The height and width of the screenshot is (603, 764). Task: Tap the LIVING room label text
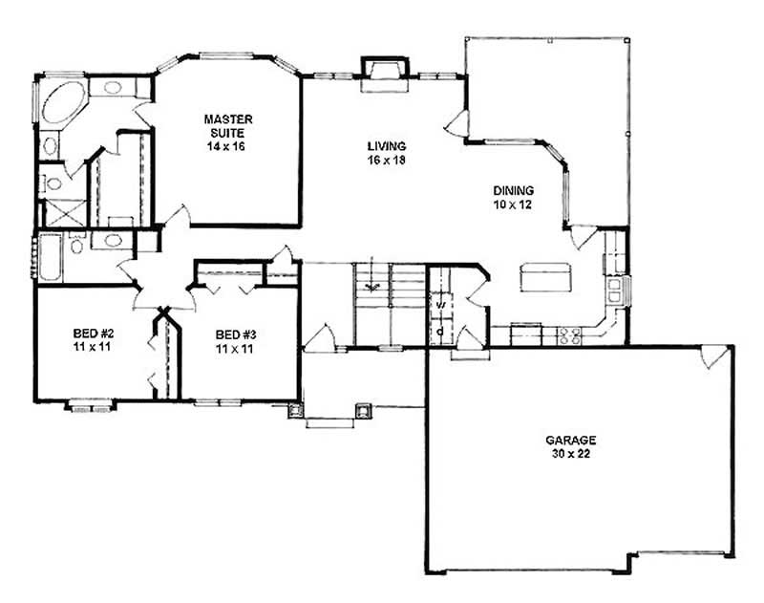387,146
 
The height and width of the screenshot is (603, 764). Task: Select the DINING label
513,190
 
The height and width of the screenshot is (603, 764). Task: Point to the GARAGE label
571,441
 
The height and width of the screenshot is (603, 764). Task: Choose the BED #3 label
236,334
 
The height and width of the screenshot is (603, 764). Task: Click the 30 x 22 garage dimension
571,455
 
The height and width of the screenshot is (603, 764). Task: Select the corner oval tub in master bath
63,106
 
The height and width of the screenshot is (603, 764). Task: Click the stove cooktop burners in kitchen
570,334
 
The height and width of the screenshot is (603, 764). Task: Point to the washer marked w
439,306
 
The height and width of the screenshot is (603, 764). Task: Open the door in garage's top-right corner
712,357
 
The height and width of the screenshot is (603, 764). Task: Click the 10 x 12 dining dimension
513,205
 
